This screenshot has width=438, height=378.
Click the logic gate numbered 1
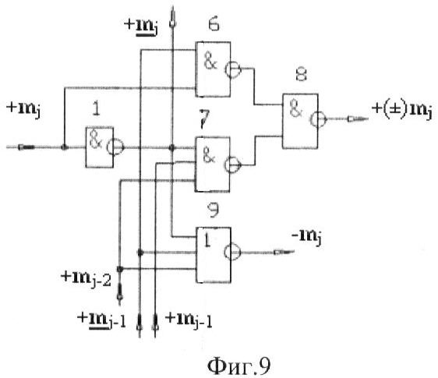tap(100, 147)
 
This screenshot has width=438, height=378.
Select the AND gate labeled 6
tap(213, 69)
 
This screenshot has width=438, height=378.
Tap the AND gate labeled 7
tap(212, 164)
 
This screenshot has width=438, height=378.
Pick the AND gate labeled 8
tap(300, 121)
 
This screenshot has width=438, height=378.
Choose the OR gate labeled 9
tap(214, 255)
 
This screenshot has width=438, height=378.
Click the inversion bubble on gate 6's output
tap(233, 69)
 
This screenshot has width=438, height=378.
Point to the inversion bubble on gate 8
tap(318, 119)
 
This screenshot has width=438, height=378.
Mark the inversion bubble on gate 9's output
tap(231, 252)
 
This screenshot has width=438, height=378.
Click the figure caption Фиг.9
tap(238, 366)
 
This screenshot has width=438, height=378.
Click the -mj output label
tap(306, 238)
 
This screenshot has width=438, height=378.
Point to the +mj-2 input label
tap(86, 278)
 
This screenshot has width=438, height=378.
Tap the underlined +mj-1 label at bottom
tap(101, 321)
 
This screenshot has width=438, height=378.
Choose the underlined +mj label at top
tap(141, 27)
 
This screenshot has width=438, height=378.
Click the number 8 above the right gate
tap(301, 75)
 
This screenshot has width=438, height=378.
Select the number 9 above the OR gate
tap(214, 210)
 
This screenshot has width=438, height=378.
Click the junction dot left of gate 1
tap(65, 147)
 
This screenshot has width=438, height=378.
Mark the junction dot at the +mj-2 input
tap(120, 269)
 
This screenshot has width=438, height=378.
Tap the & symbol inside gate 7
tap(209, 156)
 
